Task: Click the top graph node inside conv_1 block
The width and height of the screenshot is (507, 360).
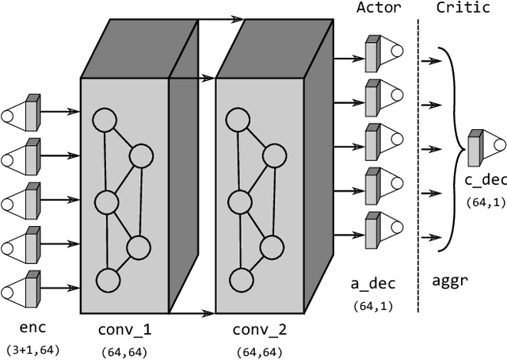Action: point(104,121)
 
